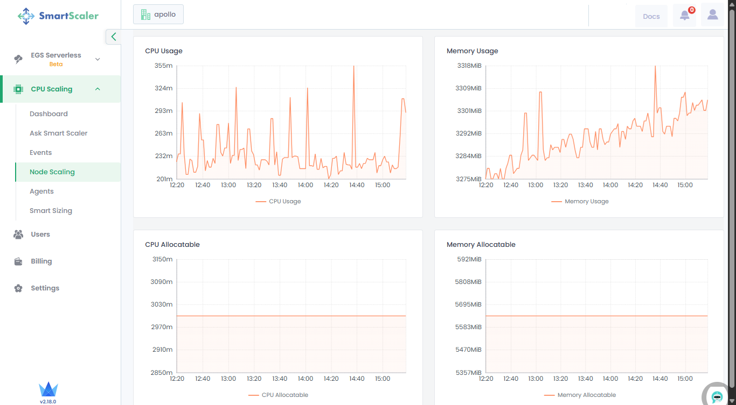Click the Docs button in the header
[x=651, y=16]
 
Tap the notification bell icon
[x=684, y=16]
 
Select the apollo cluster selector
[x=158, y=15]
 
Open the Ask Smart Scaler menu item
[x=58, y=133]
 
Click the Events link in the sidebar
[x=40, y=153]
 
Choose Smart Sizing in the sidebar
[x=51, y=211]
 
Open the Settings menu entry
[x=45, y=288]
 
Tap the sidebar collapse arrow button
[x=113, y=37]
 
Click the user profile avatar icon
[x=712, y=16]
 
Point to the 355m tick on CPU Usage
[x=164, y=66]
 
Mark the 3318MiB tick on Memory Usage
[x=469, y=66]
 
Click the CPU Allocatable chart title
[x=172, y=245]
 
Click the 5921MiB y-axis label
[x=469, y=259]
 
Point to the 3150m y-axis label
[x=162, y=259]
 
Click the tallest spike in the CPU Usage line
[x=353, y=66]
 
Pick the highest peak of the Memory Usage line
[x=655, y=66]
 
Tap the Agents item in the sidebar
[x=41, y=191]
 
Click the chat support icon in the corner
[x=717, y=397]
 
